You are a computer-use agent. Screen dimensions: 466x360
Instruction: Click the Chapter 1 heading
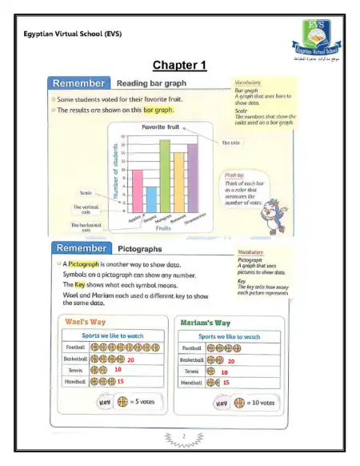click(x=180, y=65)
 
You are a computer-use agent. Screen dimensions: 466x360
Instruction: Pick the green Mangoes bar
click(x=165, y=171)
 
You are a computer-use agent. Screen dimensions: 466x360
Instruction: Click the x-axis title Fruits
click(x=163, y=229)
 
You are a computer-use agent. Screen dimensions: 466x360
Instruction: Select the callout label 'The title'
click(x=230, y=143)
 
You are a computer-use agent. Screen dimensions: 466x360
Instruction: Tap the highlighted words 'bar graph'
click(x=158, y=110)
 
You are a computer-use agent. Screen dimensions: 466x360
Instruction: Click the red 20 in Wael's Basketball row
click(x=130, y=360)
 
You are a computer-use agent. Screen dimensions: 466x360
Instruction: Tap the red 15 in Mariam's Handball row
click(x=226, y=383)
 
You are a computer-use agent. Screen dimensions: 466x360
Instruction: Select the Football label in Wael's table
click(x=75, y=348)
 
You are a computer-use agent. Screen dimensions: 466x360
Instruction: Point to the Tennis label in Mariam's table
click(x=192, y=372)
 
